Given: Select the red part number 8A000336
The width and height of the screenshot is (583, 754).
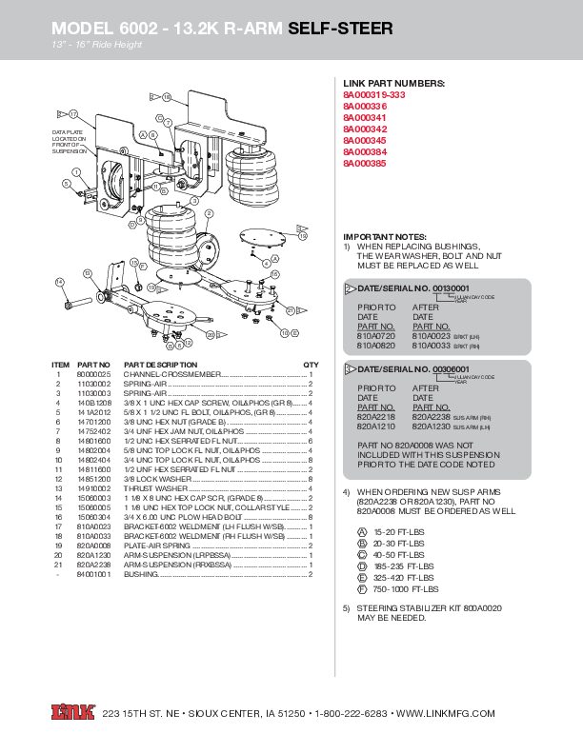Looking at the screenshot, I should click(367, 107).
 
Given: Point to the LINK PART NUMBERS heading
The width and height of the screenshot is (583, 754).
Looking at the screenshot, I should click(393, 85).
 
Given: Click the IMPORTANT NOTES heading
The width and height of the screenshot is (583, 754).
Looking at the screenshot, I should click(385, 236).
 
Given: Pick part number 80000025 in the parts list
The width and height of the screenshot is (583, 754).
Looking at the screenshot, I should click(93, 377).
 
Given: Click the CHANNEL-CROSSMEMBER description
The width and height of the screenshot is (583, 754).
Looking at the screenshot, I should click(171, 377).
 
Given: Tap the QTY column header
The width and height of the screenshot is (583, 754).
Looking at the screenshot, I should click(311, 366).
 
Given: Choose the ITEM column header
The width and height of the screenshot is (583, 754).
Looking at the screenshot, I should click(60, 366).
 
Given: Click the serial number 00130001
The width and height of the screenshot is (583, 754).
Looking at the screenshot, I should click(451, 288).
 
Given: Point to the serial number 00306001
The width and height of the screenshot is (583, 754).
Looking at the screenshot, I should click(451, 368).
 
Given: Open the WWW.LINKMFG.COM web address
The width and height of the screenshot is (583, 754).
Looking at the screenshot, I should click(445, 713).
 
